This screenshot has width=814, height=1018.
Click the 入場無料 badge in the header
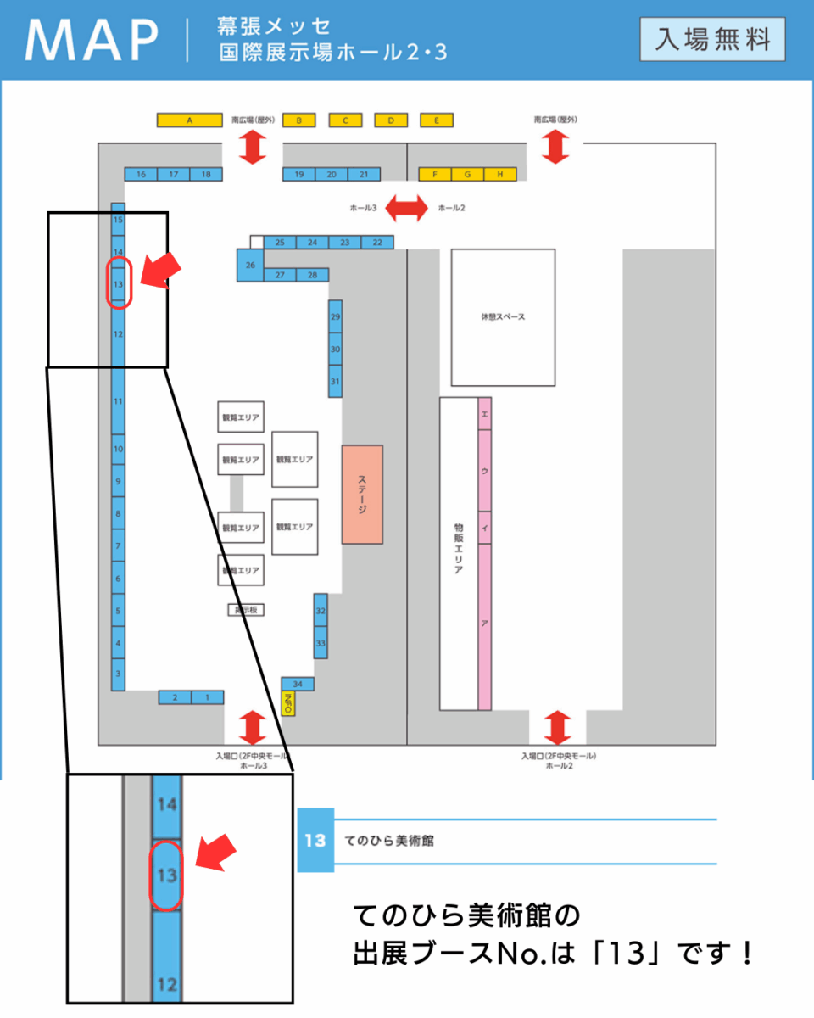[x=712, y=39]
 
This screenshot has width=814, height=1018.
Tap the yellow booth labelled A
[x=189, y=120]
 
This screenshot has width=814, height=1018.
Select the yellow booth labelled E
[x=436, y=120]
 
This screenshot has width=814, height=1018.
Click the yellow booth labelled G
[x=467, y=174]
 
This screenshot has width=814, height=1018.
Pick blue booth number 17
[x=173, y=174]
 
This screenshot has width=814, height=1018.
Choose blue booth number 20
[x=332, y=174]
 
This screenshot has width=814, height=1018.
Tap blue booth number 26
[x=250, y=266]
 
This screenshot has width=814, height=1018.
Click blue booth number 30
[x=336, y=349]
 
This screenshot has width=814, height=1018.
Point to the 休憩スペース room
[x=503, y=317]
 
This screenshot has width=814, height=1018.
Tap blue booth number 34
[x=298, y=684]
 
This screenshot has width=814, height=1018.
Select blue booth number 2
[x=176, y=697]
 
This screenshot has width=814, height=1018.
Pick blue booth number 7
[x=119, y=545]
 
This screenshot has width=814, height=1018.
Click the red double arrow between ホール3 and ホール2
[x=407, y=208]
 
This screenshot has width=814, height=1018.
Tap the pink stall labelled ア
[x=484, y=624]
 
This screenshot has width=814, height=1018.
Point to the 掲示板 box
[x=246, y=609]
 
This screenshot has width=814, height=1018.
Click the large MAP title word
[x=92, y=40]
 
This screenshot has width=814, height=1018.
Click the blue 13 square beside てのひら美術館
[x=315, y=840]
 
